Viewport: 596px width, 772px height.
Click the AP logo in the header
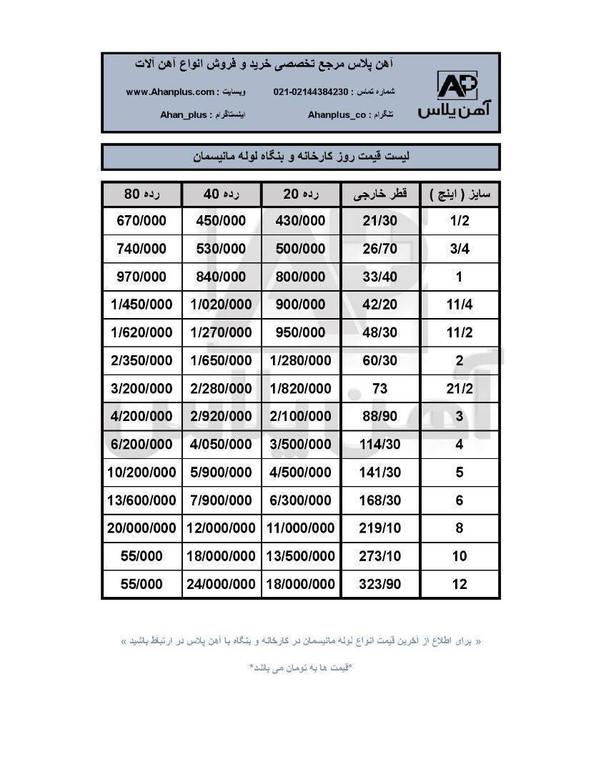point(457,85)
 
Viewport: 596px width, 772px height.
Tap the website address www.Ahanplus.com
point(170,92)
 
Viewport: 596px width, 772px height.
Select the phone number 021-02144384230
point(310,92)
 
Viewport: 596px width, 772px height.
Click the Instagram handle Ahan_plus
point(184,114)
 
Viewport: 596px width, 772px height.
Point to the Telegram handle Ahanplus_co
point(337,114)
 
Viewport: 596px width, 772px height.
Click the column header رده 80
point(141,194)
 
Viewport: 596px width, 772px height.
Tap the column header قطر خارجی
point(381,194)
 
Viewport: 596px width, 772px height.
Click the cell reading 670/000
point(141,221)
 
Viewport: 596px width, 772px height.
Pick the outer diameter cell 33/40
point(380,277)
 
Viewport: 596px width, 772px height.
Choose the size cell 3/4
point(459,249)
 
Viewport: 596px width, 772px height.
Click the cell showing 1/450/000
point(141,305)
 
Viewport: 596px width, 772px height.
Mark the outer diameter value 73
point(380,388)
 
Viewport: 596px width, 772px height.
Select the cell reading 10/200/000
point(141,472)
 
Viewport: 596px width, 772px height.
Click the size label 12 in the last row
point(459,584)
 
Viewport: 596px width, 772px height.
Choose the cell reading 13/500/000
point(300,556)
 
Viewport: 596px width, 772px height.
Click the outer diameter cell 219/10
point(380,528)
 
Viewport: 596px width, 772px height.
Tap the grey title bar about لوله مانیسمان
point(300,157)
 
